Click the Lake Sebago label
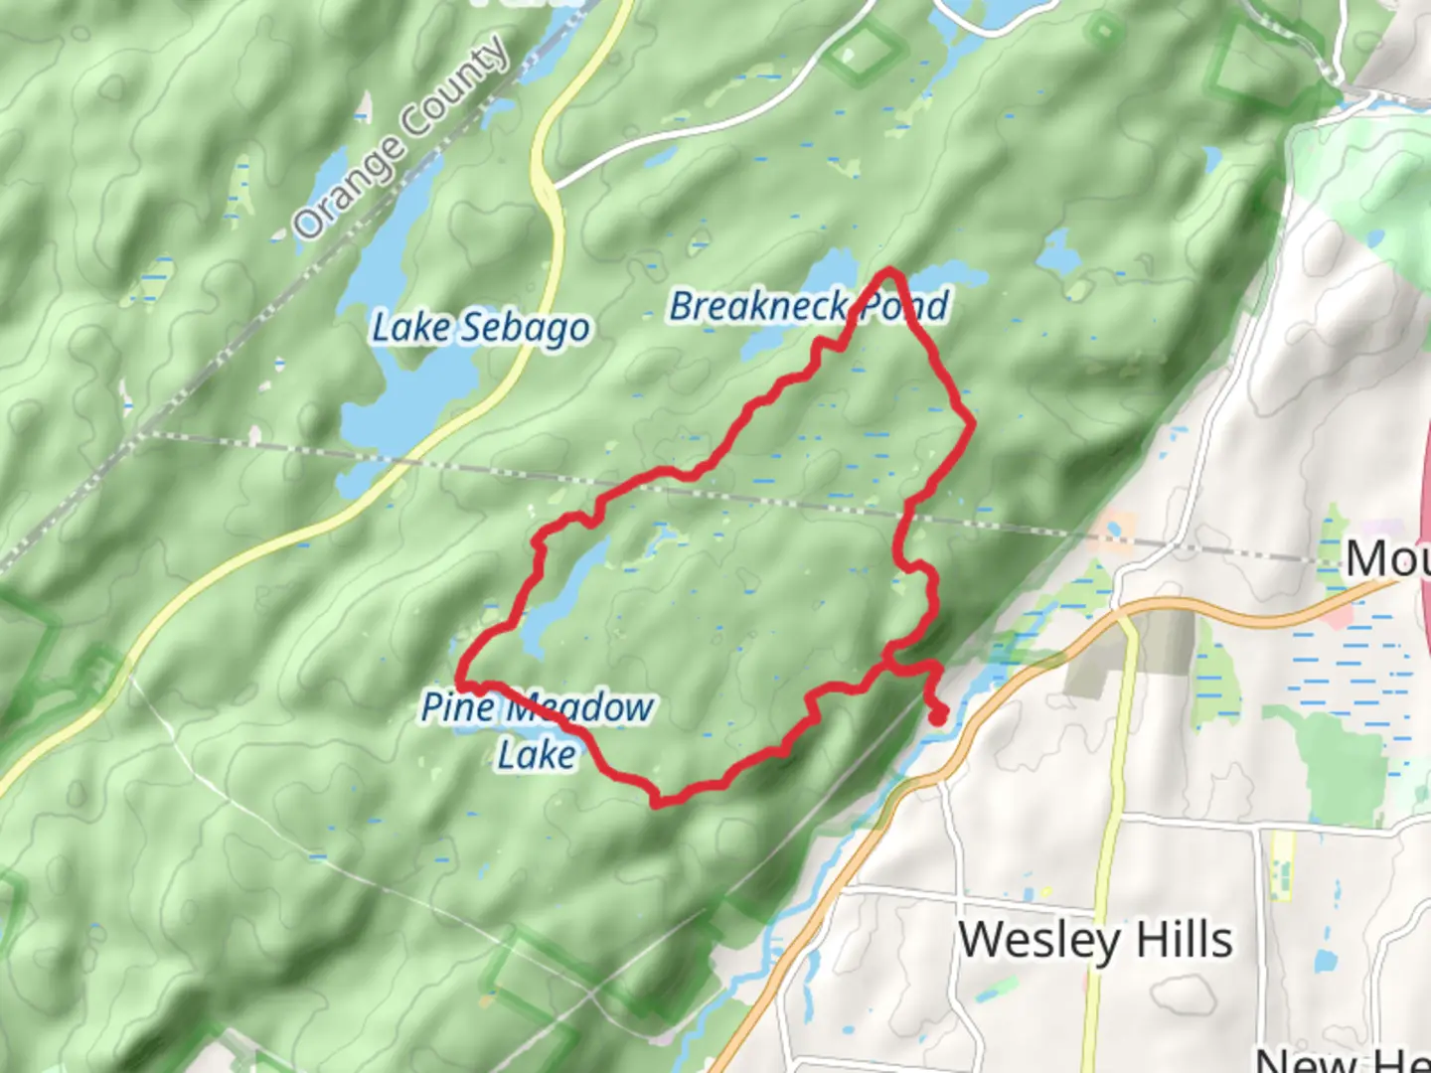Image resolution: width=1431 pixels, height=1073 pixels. pos(481,327)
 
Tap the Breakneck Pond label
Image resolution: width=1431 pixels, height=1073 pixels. pos(809,306)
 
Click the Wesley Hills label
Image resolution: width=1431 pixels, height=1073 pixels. pos(1095,939)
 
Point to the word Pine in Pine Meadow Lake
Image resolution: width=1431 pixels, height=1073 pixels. pos(457,707)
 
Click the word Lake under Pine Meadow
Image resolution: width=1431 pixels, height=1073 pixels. pos(537,755)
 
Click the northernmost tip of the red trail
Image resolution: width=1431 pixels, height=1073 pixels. pos(889,271)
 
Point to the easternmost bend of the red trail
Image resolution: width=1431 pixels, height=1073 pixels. pos(971,425)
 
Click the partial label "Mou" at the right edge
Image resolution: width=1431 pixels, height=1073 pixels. pos(1387,558)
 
